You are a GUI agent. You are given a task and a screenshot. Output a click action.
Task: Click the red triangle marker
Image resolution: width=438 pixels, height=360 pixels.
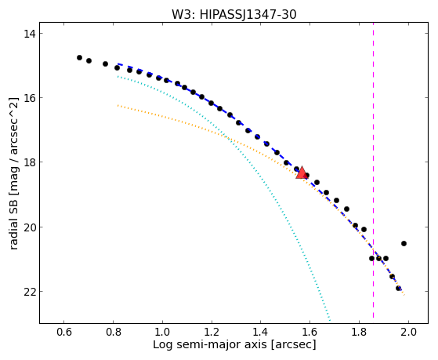pos(302,173)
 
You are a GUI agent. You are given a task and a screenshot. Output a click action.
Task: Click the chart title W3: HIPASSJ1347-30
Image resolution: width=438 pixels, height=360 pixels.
pos(233,15)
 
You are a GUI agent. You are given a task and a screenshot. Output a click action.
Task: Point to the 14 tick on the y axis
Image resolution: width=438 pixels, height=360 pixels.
pos(30,34)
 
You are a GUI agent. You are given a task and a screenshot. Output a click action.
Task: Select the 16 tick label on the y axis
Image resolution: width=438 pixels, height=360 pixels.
pos(30,98)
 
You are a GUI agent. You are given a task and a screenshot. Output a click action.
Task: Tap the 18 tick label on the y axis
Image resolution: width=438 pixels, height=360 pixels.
pos(30,162)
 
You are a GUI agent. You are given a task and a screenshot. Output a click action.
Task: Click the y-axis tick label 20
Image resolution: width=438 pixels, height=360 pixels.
pos(30,227)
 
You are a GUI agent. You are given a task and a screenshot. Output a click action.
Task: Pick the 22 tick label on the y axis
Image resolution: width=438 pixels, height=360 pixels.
pos(30,292)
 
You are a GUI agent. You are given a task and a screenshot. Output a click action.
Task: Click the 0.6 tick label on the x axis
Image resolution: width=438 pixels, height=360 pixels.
pos(64,332)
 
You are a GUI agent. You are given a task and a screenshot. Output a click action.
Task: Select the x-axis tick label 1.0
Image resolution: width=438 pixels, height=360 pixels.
pos(162,332)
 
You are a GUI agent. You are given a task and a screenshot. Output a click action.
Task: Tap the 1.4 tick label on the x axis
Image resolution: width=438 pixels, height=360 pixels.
pos(261,332)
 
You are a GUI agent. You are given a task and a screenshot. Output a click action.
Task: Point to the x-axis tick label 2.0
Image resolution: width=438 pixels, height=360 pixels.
pos(408,332)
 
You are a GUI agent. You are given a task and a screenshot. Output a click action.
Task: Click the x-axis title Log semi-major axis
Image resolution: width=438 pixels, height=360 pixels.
pos(210,345)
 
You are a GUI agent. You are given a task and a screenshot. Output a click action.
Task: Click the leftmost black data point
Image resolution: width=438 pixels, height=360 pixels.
pos(79,57)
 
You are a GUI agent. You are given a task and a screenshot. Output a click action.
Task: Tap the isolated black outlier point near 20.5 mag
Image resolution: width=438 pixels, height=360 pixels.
pos(404,244)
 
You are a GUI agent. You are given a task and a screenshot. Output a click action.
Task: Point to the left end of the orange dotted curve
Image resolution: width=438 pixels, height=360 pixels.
pos(118,105)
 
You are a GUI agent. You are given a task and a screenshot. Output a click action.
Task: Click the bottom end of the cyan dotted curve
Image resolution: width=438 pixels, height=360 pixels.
pos(330,321)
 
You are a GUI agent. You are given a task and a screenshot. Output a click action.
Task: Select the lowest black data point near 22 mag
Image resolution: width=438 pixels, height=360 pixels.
pos(398,288)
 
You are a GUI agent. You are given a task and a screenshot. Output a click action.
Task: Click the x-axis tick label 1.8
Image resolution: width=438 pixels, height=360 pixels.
pos(359,332)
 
